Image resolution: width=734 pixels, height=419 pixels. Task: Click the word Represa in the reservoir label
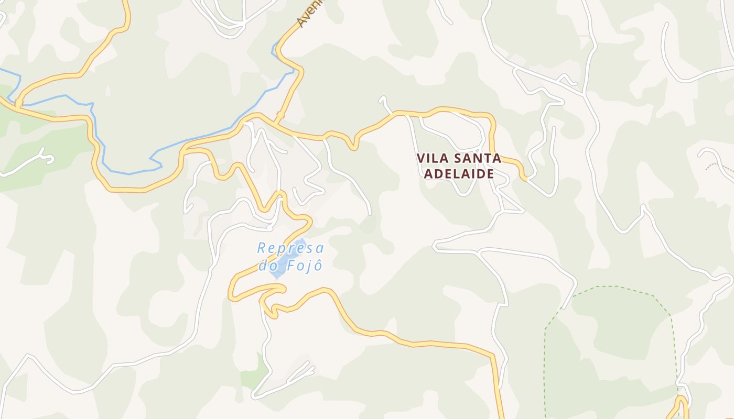[290, 248]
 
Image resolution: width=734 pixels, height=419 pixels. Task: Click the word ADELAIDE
[459, 174]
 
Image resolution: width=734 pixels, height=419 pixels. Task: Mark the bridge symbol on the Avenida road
[280, 115]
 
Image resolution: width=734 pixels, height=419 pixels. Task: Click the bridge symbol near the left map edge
[19, 103]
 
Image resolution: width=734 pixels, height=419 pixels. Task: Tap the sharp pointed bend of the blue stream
[152, 157]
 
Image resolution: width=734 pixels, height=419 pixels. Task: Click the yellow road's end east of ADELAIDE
[524, 178]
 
